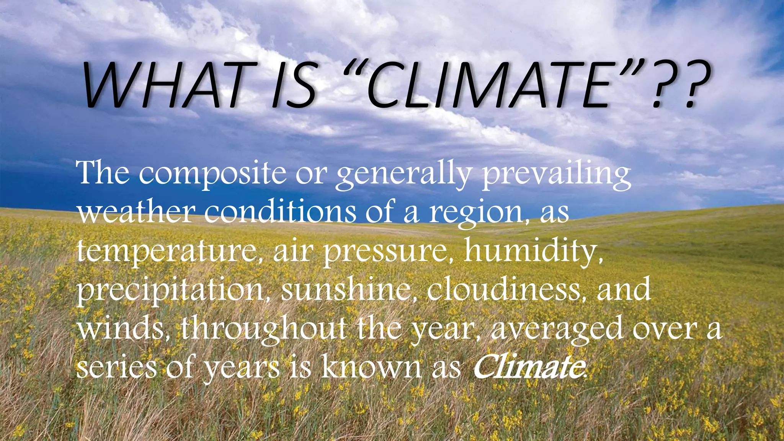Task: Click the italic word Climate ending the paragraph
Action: pyautogui.click(x=528, y=366)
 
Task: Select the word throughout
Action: pyautogui.click(x=264, y=328)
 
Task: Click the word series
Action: pyautogui.click(x=116, y=366)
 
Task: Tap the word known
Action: pyautogui.click(x=371, y=366)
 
